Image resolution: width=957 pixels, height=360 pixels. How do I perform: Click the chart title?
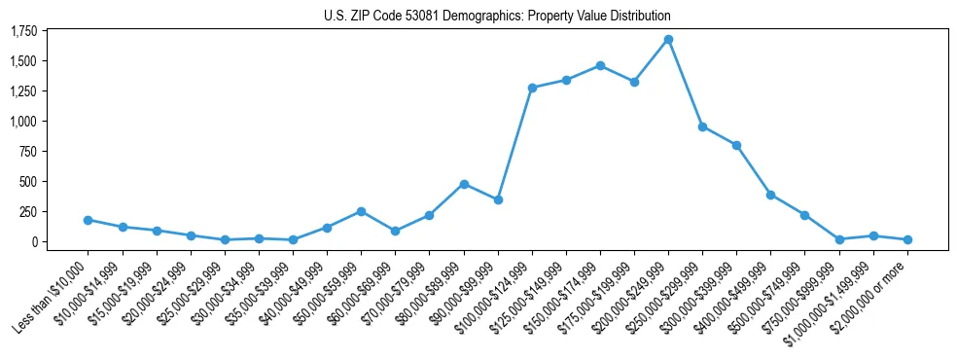497,17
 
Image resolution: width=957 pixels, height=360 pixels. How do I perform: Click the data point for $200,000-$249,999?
668,40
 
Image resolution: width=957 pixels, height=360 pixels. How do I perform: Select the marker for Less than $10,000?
89,220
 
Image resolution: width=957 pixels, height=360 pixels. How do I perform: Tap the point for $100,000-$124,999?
532,88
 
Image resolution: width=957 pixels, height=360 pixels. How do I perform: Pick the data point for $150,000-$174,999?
600,66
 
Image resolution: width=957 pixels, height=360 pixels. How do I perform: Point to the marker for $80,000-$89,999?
464,184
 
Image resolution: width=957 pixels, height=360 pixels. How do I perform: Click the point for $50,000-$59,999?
361,211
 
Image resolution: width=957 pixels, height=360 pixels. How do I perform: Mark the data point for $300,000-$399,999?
736,145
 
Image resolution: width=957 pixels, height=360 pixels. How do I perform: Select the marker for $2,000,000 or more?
907,239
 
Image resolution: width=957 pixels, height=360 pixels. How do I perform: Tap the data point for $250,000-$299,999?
702,126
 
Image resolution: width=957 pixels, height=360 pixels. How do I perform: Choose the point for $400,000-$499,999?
770,195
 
